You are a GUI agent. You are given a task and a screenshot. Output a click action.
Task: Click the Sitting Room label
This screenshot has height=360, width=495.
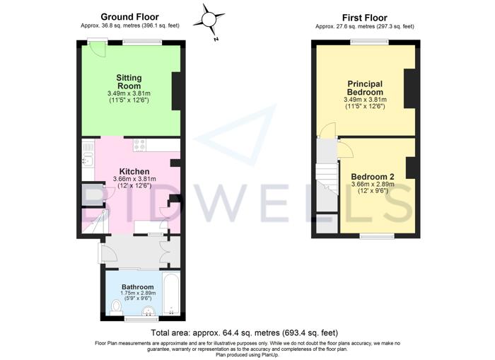coord(129,82)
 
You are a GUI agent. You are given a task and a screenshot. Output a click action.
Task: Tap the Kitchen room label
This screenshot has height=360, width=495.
coord(134,171)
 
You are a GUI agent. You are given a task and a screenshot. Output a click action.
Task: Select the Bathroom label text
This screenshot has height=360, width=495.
coord(138,287)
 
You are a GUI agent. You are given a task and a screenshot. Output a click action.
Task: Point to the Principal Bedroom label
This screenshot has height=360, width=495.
coord(365,88)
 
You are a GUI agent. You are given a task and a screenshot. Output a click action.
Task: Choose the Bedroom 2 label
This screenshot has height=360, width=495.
coord(373,177)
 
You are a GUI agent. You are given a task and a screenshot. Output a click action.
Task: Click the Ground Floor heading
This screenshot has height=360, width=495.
coord(129,17)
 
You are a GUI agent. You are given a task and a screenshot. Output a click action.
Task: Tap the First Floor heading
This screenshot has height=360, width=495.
coord(365,18)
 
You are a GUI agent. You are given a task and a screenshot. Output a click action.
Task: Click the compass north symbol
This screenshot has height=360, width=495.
coord(209,21)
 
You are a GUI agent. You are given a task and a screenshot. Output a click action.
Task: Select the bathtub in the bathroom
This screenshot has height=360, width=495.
coord(171,294)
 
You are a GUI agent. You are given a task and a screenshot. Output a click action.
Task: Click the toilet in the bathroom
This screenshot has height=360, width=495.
coord(117,308)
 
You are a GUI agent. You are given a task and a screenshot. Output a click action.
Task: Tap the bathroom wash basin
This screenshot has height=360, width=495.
coord(148,311)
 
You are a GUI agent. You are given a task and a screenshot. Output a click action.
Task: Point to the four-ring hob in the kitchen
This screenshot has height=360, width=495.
coord(140,145)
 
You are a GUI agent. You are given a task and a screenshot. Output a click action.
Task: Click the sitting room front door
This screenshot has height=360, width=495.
coord(98,49)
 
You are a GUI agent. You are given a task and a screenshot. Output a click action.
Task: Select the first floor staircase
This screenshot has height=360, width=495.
coord(327,179)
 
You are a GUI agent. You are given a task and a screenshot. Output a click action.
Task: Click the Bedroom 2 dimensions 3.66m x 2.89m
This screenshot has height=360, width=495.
coord(373,185)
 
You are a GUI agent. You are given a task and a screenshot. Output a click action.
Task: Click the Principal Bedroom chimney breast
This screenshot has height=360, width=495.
coord(409,88)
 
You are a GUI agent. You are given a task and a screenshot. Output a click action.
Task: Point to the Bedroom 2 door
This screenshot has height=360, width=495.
coord(344,149)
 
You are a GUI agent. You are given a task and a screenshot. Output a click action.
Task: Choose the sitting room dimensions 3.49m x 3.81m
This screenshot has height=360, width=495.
coord(129,93)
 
